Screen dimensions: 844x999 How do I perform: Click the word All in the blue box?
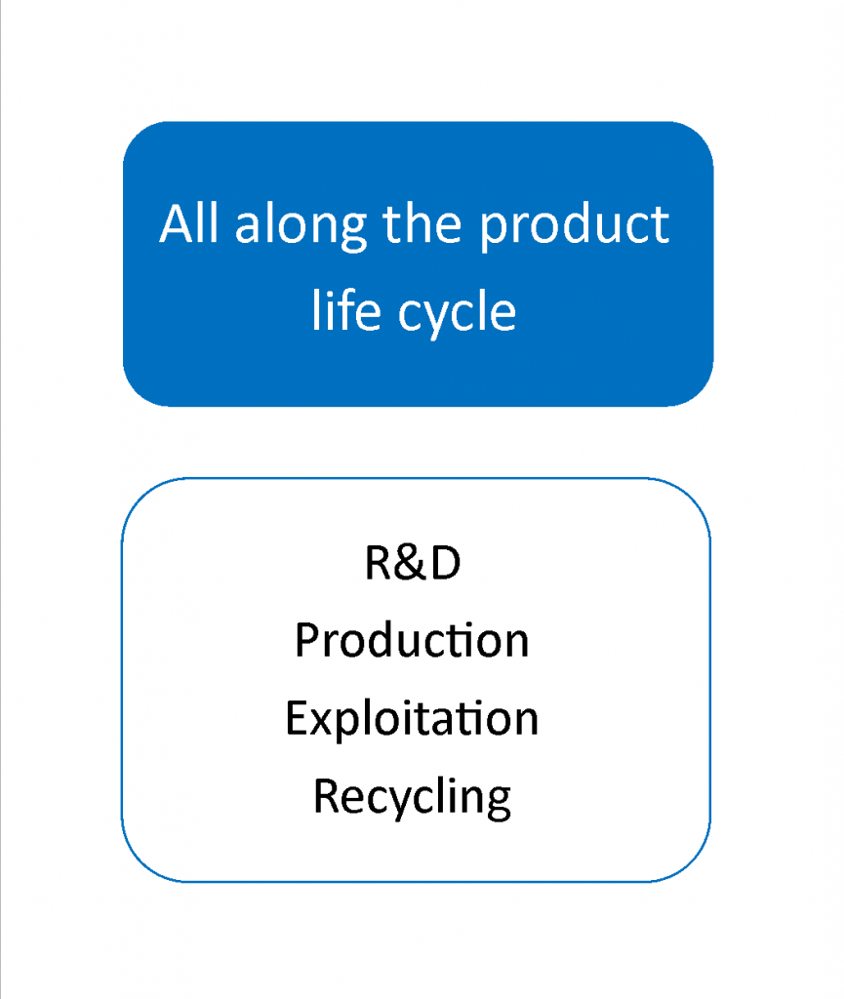pos(188,223)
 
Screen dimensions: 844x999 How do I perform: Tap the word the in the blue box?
pos(422,223)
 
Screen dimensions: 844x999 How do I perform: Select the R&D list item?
pos(413,563)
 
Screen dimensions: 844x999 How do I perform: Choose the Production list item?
pos(412,640)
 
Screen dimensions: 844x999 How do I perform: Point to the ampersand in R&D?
pos(413,563)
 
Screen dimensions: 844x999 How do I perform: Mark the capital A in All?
pos(177,223)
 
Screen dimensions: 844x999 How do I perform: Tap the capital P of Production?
pos(307,640)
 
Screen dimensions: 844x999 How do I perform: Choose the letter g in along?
pos(355,233)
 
